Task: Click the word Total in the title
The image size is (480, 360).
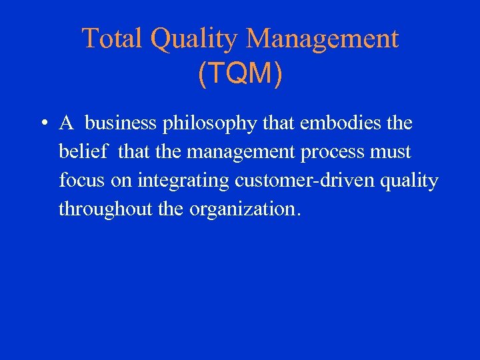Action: [x=113, y=39]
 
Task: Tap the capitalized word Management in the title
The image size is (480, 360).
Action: [x=322, y=40]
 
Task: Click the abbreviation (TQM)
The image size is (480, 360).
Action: [x=240, y=75]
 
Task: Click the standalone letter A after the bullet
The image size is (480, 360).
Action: [x=66, y=123]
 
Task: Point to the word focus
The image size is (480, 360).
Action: [x=79, y=181]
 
